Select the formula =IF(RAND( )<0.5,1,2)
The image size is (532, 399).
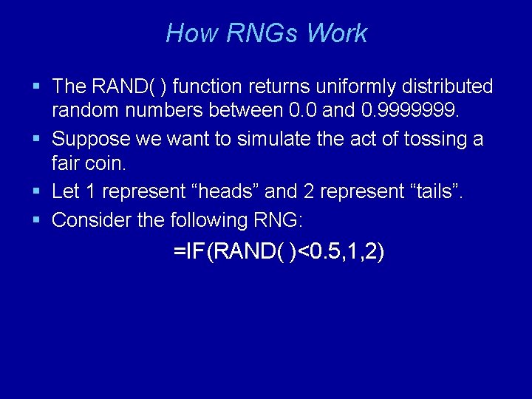(x=279, y=253)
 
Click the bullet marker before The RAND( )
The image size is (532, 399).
(x=37, y=87)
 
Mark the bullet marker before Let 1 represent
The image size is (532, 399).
(x=37, y=192)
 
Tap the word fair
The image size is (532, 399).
(x=64, y=165)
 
